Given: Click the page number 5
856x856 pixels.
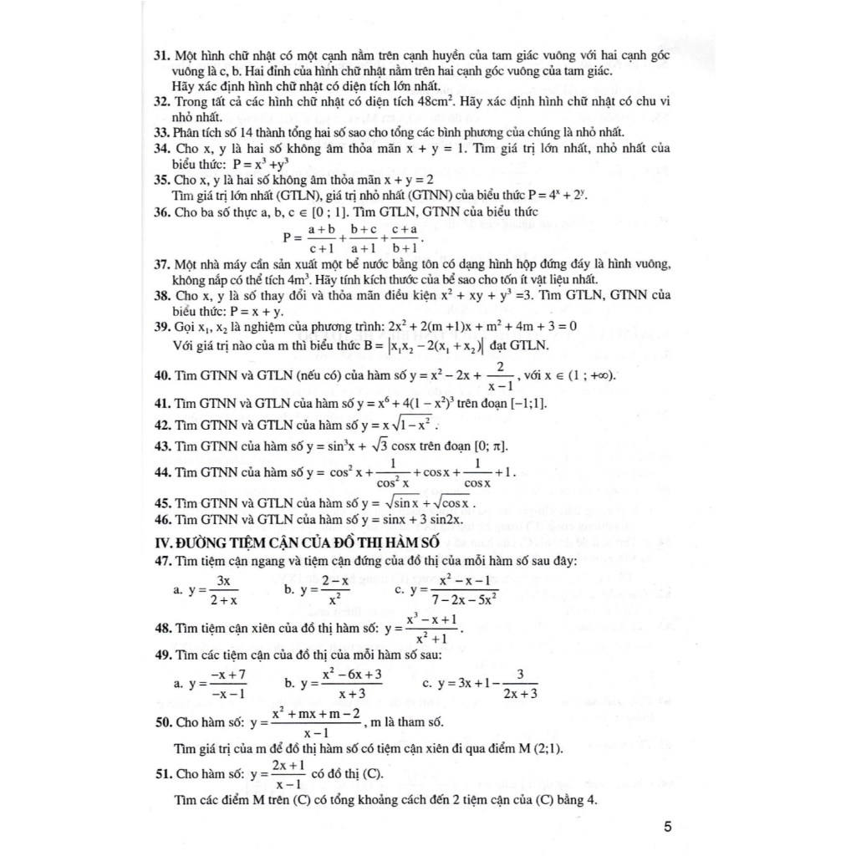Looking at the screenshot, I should coord(667,828).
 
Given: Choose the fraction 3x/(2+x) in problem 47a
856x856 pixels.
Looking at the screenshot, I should coord(223,589).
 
